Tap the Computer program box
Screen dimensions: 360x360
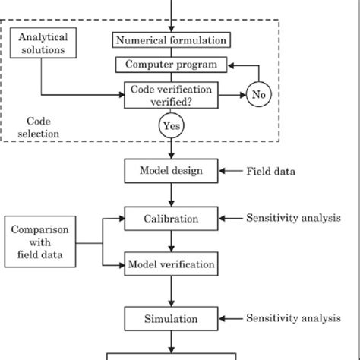[x=171, y=65]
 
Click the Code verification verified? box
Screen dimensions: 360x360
[x=171, y=95]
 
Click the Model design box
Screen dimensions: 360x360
[x=171, y=170]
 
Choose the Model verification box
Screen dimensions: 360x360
[x=171, y=265]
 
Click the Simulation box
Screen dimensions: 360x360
[x=171, y=314]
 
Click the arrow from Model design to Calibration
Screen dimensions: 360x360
[x=171, y=194]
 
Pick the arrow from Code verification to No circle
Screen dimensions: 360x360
[x=231, y=95]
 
